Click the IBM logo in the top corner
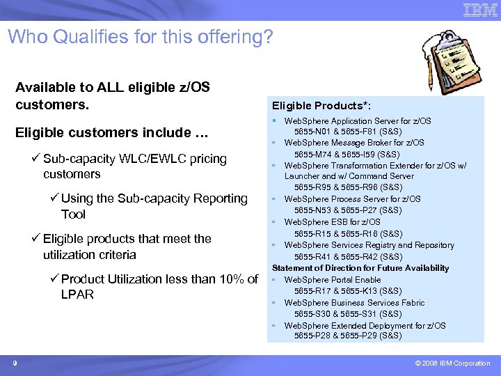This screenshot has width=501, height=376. coord(480,10)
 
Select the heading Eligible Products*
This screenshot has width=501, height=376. coord(321,105)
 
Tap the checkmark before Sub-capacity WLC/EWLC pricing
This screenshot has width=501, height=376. coord(36,159)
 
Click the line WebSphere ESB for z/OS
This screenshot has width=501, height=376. coord(332,222)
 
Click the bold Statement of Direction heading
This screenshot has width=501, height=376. coord(360,268)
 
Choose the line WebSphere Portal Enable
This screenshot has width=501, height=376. coord(333,279)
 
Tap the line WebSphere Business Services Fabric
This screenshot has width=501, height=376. coord(354,302)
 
